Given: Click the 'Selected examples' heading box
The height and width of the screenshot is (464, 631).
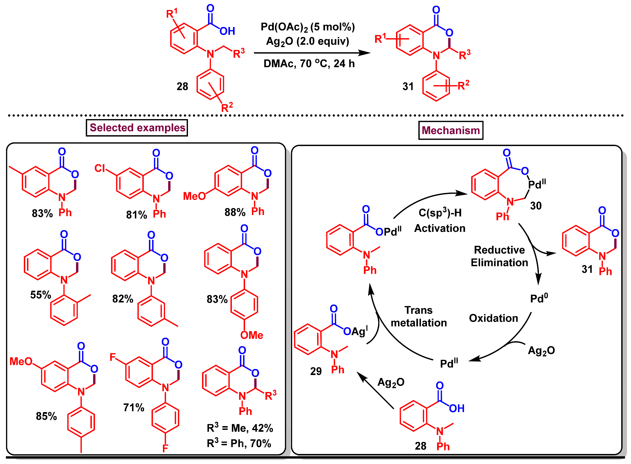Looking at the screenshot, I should tap(137, 128).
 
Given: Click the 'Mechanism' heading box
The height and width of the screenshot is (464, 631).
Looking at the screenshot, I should tap(451, 131).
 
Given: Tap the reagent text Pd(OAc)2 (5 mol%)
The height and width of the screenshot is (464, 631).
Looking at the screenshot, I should tap(308, 27).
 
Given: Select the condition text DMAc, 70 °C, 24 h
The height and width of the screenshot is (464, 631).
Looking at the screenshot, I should tap(309, 63).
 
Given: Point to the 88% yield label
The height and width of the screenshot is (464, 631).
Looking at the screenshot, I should tap(235, 212).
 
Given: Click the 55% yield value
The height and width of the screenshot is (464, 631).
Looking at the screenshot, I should tap(40, 295).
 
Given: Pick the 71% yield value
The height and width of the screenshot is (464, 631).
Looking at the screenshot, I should tap(133, 407).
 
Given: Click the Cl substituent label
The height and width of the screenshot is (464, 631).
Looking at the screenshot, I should tap(100, 168).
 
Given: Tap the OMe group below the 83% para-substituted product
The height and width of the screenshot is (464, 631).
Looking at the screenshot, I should tap(252, 335).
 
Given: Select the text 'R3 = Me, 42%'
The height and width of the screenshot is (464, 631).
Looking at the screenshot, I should tap(240, 428).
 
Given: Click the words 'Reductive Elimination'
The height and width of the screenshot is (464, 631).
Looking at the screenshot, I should tap(499, 256).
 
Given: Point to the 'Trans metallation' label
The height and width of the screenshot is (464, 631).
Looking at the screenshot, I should tap(419, 317).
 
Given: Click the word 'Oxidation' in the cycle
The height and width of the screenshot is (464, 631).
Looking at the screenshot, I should tap(493, 318).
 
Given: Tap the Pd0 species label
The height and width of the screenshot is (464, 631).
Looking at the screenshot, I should tap(539, 298).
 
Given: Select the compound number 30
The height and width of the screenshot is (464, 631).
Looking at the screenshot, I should tap(536, 206).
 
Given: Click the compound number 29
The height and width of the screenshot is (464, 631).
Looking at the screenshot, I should tap(316, 371).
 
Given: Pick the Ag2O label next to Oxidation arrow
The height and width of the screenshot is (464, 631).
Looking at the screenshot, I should tap(541, 351).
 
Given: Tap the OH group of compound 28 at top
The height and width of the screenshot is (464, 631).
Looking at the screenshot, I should tap(227, 31).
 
